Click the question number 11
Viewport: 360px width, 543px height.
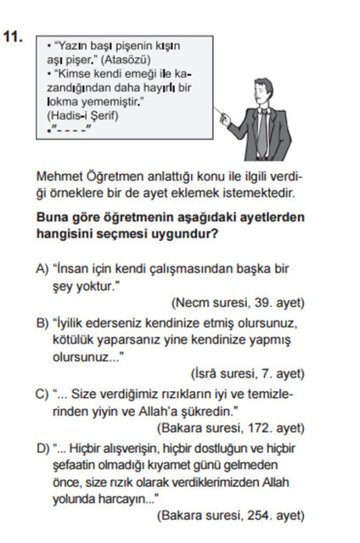click(x=14, y=37)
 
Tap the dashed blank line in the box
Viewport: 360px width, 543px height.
click(x=70, y=129)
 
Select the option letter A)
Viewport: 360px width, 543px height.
click(x=42, y=269)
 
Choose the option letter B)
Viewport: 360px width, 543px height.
click(x=42, y=322)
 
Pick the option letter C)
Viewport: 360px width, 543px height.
click(x=42, y=394)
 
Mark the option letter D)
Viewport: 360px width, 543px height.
click(x=42, y=447)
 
